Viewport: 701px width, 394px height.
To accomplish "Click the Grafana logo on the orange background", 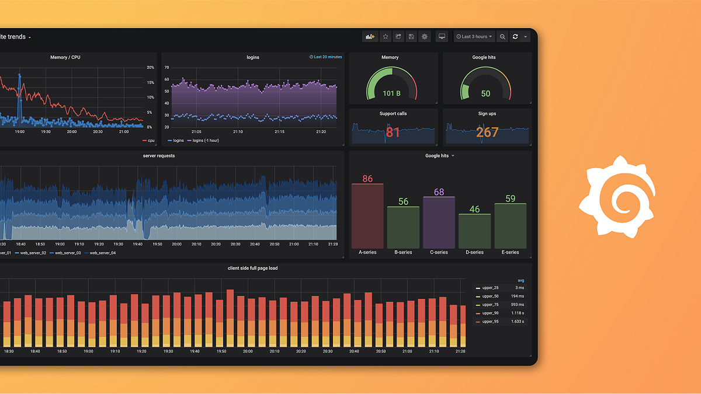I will pos(617,197).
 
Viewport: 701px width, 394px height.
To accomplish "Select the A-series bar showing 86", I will pos(367,216).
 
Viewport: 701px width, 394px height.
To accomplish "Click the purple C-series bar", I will pos(439,222).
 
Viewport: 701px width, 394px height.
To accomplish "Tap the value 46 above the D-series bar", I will pos(474,209).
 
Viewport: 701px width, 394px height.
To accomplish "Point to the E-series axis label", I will pos(510,252).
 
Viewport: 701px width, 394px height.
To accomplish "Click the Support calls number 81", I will pos(393,133).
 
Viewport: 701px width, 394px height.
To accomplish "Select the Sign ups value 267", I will pos(487,133).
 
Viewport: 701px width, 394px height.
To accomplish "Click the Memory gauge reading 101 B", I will pos(391,93).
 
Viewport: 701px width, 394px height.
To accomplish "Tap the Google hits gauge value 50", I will pos(485,93).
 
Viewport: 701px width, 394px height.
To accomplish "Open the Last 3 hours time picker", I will pos(474,37).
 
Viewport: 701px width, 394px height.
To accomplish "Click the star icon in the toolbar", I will pos(386,37).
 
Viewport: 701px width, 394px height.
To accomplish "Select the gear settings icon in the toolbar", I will pos(425,37).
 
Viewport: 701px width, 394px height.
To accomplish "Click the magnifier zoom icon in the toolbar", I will pos(502,37).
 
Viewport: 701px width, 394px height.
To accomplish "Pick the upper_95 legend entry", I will pos(490,322).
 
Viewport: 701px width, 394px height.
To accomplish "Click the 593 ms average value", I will pos(517,305).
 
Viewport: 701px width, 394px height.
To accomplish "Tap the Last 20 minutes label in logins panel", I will pos(326,57).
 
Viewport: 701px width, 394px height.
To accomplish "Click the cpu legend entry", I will pos(149,141).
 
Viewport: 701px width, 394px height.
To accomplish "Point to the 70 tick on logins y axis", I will pos(166,68).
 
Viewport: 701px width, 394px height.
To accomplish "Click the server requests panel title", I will pos(159,156).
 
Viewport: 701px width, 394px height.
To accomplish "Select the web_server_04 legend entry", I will pos(102,253).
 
